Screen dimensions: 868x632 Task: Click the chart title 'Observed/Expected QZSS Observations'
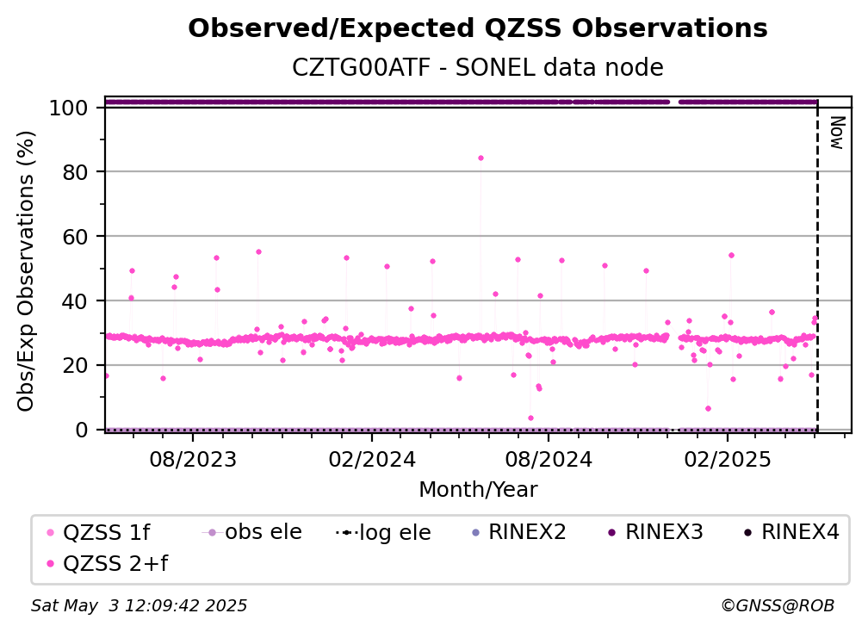click(478, 28)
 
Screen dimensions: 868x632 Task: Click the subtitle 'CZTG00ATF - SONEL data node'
click(478, 67)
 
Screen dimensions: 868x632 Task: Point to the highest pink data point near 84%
click(480, 158)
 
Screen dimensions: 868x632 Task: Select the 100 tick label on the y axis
click(69, 108)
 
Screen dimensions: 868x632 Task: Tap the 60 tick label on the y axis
click(75, 237)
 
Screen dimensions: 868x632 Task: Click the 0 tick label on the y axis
click(82, 430)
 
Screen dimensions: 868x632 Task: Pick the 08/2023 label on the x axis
click(193, 459)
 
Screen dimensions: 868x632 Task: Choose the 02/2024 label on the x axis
click(371, 459)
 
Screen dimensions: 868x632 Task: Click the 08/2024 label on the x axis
click(549, 459)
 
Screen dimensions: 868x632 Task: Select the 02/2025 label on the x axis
click(728, 459)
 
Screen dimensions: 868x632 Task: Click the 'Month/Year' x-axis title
click(478, 490)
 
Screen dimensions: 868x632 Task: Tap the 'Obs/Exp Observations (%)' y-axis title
click(26, 271)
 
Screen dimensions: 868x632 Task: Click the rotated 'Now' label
click(837, 133)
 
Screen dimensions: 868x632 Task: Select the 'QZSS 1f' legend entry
click(99, 532)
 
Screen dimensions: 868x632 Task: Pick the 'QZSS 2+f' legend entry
click(108, 563)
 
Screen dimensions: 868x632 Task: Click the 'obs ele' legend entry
click(252, 532)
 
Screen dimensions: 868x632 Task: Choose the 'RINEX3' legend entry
click(656, 532)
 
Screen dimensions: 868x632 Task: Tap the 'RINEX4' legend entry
click(792, 532)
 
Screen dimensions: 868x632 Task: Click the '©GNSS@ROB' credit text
click(778, 606)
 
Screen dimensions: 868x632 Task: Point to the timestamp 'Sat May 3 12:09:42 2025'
click(139, 606)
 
